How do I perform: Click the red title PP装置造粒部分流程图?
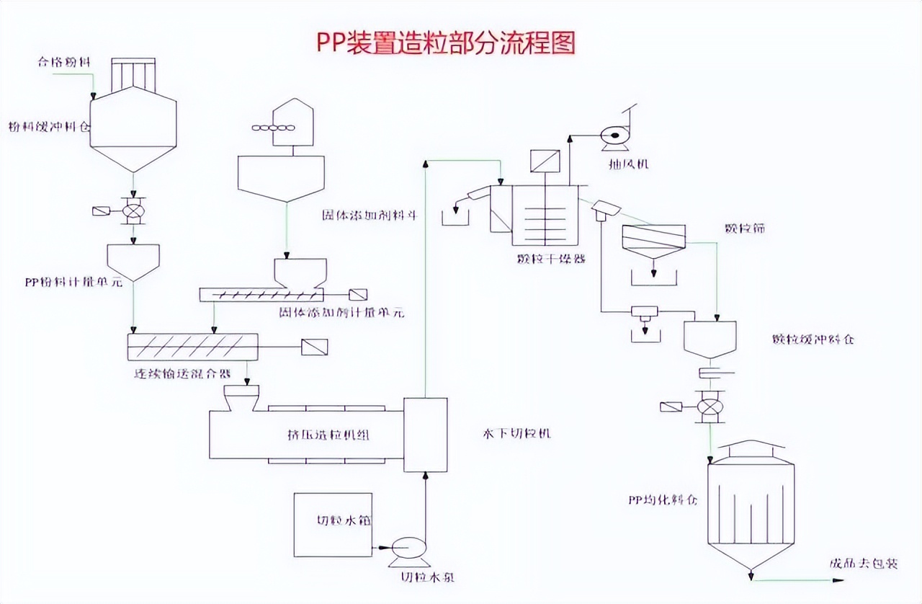446,43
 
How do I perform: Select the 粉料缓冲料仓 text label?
50,127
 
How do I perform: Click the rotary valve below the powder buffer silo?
133,210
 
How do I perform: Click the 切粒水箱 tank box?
333,525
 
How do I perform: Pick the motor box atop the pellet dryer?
540,161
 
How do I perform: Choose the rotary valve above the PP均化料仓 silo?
710,407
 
